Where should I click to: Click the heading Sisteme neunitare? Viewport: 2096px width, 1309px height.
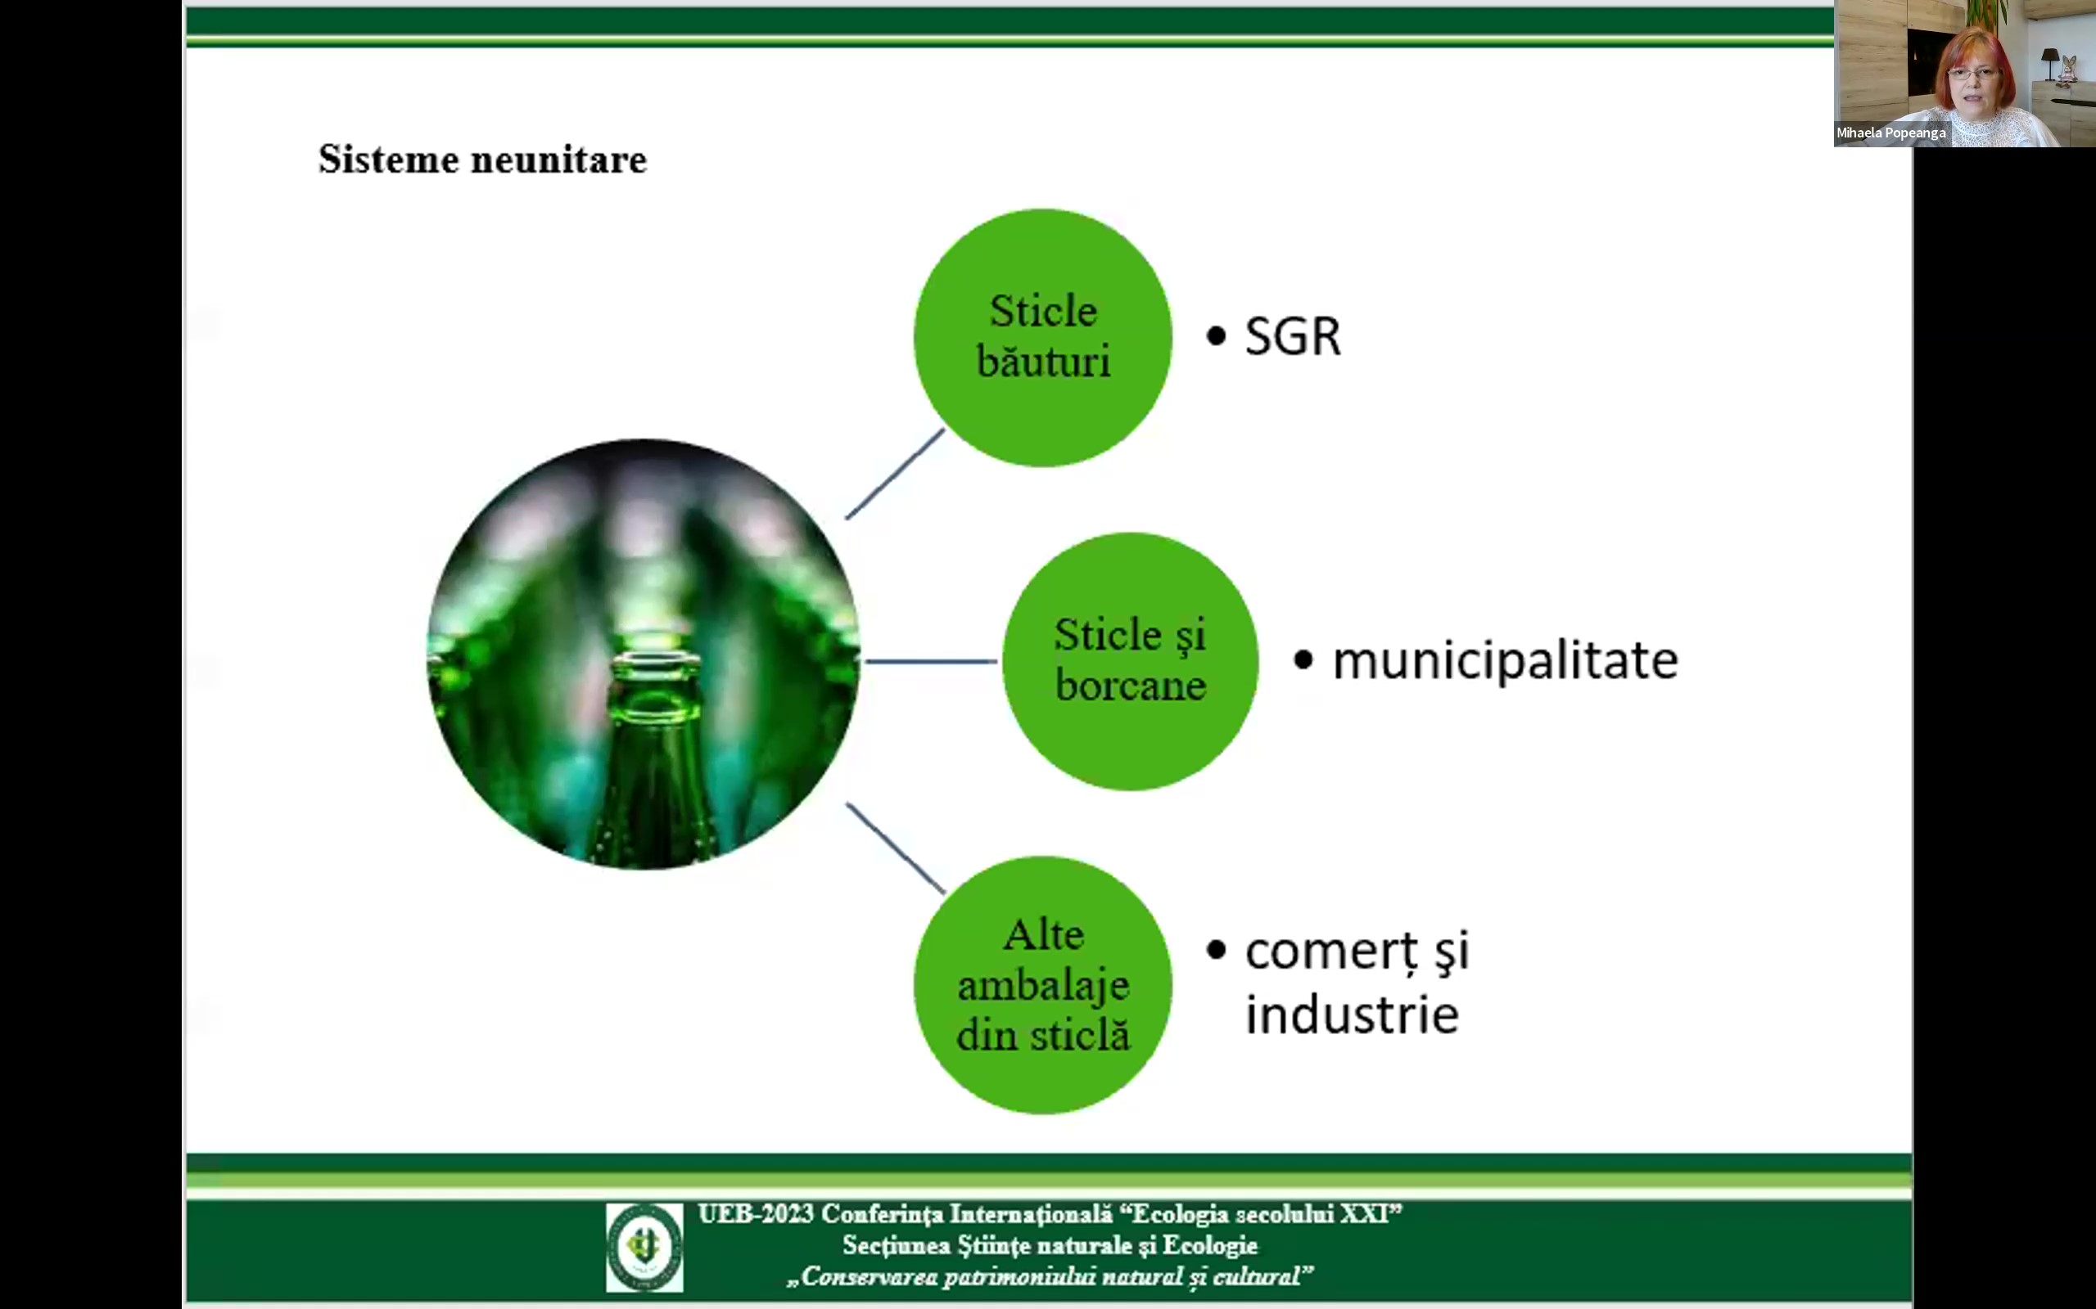point(482,160)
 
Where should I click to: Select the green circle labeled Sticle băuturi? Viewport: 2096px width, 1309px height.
point(1043,338)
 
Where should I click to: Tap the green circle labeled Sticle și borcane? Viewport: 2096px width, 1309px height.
point(1130,661)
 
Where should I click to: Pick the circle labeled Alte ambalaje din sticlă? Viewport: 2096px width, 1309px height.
point(1043,984)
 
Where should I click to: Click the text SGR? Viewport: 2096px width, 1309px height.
point(1292,336)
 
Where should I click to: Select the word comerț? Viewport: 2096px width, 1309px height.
point(1332,952)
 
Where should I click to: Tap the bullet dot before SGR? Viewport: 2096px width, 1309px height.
point(1216,337)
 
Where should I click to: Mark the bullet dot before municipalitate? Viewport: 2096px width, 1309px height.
point(1303,660)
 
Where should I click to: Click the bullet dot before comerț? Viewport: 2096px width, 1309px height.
point(1216,951)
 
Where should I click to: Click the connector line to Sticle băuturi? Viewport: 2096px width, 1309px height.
point(895,475)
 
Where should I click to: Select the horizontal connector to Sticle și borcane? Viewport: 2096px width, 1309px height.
point(931,661)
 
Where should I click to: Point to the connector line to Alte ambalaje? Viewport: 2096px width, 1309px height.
point(895,848)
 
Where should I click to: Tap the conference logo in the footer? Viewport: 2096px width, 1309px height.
point(644,1247)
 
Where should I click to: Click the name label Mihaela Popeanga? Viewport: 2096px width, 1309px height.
point(1890,133)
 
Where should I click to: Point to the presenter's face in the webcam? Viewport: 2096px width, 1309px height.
point(1974,80)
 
